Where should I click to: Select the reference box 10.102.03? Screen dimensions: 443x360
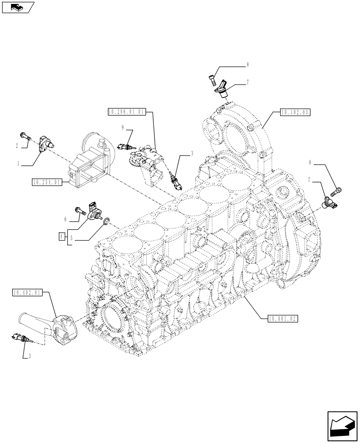coord(295,113)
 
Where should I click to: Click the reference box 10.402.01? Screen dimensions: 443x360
coord(27,292)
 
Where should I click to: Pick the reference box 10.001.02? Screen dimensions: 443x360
coord(283,318)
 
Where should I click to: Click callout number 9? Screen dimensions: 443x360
coord(122,127)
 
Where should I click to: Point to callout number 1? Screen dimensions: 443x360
coord(19,164)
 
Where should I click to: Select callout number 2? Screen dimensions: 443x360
coord(17,145)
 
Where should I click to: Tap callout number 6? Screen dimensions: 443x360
coord(65,218)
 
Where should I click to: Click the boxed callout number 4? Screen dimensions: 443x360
coord(61,236)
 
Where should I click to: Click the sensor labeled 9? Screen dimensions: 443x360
coord(125,146)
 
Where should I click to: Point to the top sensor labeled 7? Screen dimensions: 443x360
coord(222,88)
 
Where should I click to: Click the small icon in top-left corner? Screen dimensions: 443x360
coord(18,7)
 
